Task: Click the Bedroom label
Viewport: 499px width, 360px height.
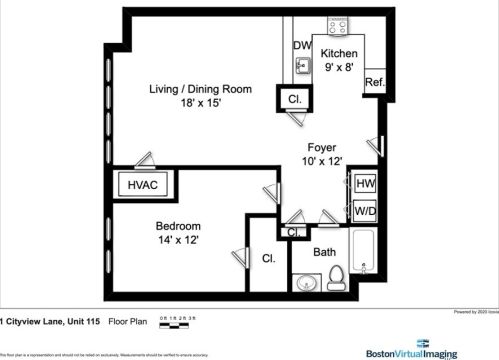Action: (x=178, y=225)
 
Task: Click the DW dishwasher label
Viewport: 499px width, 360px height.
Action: (x=302, y=45)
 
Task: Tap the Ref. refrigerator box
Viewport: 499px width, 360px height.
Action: (x=375, y=82)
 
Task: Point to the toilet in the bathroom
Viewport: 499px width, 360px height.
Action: (x=337, y=276)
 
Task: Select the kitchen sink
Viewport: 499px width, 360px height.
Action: (x=303, y=68)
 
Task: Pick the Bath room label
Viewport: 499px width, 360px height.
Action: (x=325, y=252)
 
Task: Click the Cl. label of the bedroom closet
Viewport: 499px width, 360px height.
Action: (x=269, y=258)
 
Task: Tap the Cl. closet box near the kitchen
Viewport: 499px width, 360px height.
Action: (x=296, y=99)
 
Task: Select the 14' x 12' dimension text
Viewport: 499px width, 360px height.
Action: (x=178, y=239)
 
